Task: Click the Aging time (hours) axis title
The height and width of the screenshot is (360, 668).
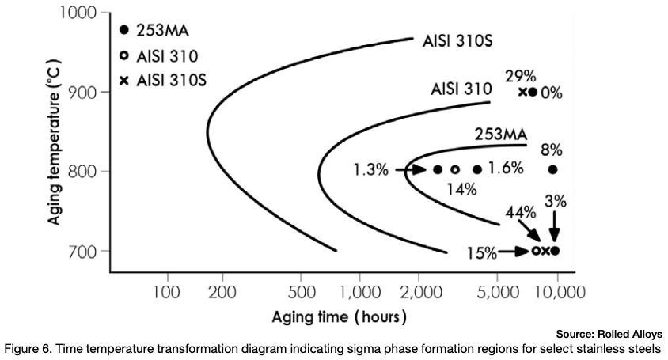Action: click(x=340, y=318)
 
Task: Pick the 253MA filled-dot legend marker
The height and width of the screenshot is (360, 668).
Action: click(x=123, y=30)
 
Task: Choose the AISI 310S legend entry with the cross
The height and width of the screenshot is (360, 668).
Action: click(x=167, y=80)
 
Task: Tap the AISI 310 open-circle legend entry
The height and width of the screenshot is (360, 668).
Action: click(x=167, y=55)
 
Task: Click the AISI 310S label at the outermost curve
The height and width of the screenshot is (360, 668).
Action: click(x=460, y=40)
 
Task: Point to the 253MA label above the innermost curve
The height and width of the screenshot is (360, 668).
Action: click(x=501, y=135)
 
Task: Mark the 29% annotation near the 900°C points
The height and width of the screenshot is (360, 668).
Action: click(x=521, y=76)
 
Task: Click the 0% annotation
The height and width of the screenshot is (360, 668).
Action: click(x=552, y=93)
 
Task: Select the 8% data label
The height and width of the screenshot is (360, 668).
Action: click(x=552, y=150)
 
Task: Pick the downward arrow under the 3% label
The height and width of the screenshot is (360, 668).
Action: click(x=555, y=226)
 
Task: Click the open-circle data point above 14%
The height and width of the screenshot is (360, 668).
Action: click(x=455, y=169)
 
